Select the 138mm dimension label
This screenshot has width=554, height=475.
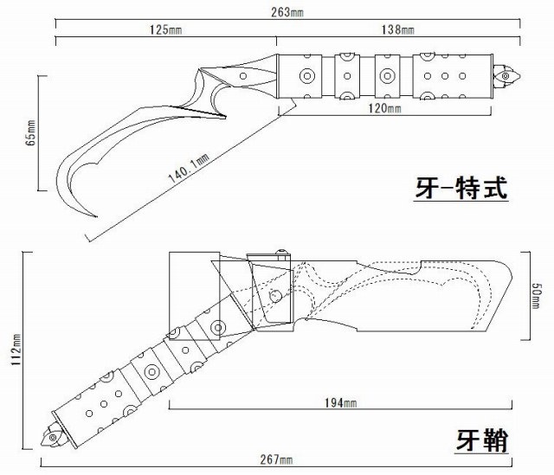coord(397,29)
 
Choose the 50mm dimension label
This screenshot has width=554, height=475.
coord(537,292)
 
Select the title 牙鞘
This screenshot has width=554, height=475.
coord(482,440)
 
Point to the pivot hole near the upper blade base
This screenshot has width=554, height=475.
coord(244,77)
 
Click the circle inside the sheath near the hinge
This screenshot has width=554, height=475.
coord(274,296)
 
